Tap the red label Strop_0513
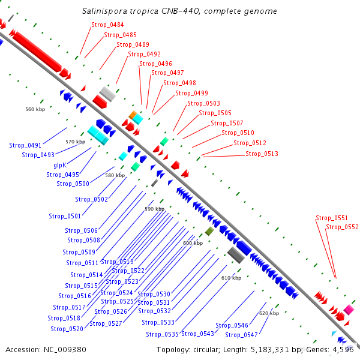tap(262, 154)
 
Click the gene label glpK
tap(60, 165)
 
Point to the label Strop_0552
tap(342, 227)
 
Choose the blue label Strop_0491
tap(25, 145)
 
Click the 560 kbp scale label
tap(35, 110)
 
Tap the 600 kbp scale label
tap(193, 243)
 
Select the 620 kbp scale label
tap(269, 313)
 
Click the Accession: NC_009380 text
tap(46, 349)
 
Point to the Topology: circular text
tap(181, 349)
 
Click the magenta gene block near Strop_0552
tap(349, 310)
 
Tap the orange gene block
tap(133, 114)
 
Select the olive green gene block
tap(209, 231)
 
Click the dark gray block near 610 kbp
tap(235, 255)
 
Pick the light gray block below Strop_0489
tap(107, 93)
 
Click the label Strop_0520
tap(67, 329)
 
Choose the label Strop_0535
tap(163, 334)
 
